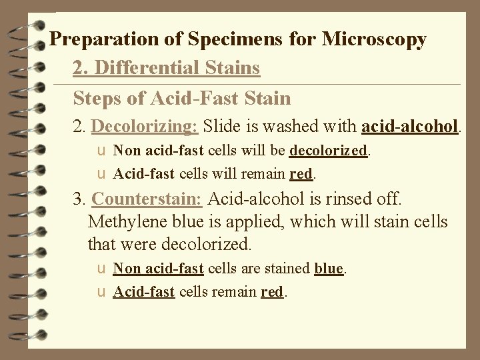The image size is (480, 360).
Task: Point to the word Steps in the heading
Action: coord(99,99)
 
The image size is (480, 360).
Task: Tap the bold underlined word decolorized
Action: coord(329,151)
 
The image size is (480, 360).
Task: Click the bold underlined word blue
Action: coord(328,269)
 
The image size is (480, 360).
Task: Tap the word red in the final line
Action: coord(272,291)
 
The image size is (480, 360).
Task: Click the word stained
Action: coord(288,269)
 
